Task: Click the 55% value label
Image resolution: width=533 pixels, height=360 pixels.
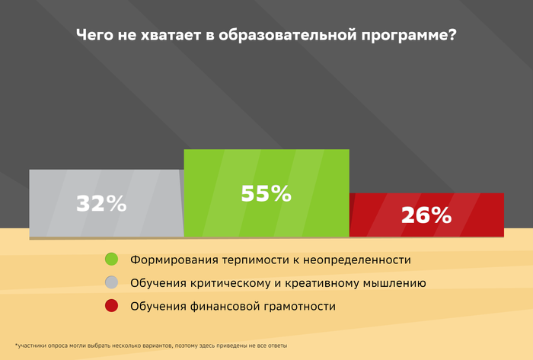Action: point(266,193)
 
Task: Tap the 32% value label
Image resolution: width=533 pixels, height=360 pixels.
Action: point(101,203)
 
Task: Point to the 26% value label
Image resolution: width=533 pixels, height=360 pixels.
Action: point(426,215)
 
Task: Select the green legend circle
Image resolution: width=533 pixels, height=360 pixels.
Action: point(111,259)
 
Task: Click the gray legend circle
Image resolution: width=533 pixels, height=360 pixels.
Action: point(111,282)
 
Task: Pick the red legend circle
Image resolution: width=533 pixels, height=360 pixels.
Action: point(111,306)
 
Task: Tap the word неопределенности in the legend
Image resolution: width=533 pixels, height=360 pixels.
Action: point(357,260)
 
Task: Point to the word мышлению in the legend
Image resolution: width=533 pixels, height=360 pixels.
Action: point(394,283)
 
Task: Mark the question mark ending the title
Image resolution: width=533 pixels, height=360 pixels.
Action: point(452,34)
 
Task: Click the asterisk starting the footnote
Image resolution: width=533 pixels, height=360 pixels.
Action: point(16,345)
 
